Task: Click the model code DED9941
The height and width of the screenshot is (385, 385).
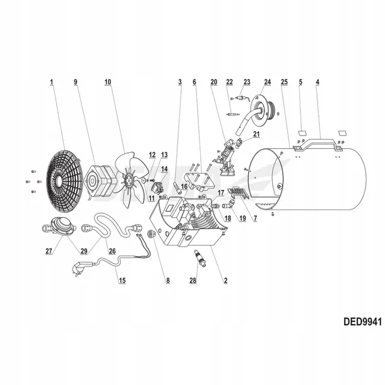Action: click(362, 321)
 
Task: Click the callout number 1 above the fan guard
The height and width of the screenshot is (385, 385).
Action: click(52, 82)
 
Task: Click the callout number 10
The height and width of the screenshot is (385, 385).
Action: click(108, 82)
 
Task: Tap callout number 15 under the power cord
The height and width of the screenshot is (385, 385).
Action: click(122, 280)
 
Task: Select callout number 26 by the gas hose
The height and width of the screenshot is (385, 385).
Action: click(112, 251)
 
